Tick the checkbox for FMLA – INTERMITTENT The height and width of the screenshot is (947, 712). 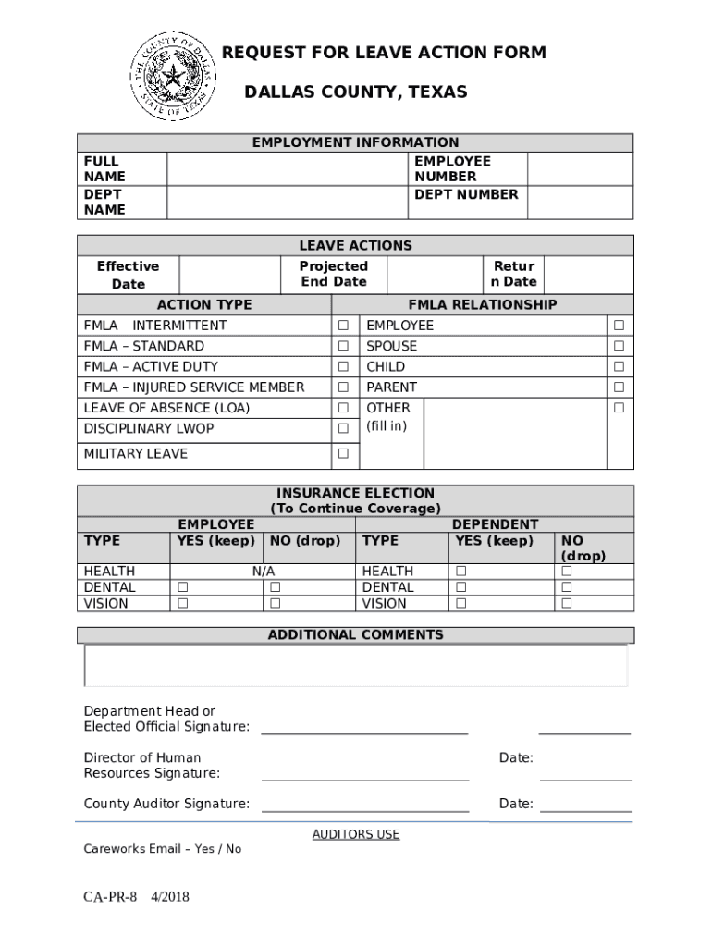click(x=343, y=326)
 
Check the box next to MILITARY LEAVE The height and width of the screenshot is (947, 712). click(x=343, y=454)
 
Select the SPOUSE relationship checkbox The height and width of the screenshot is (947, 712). click(x=620, y=346)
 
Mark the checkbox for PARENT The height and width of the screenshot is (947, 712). click(x=620, y=387)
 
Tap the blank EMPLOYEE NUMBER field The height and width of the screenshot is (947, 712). click(x=580, y=168)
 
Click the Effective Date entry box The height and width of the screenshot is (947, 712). click(x=228, y=275)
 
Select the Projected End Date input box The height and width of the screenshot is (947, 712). click(x=434, y=275)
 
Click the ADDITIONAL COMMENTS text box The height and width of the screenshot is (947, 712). click(x=356, y=666)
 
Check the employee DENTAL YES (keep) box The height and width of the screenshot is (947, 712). click(x=183, y=587)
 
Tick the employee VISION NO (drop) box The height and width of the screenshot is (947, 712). click(x=275, y=604)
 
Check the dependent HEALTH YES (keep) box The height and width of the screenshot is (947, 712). click(x=460, y=572)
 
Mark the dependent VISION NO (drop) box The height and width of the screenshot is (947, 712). click(x=567, y=604)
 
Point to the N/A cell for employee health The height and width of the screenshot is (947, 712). click(x=264, y=572)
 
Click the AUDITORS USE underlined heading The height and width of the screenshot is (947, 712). click(x=356, y=834)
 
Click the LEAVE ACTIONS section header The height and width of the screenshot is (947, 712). click(x=356, y=245)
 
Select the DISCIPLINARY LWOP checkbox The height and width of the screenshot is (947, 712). click(x=343, y=429)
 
